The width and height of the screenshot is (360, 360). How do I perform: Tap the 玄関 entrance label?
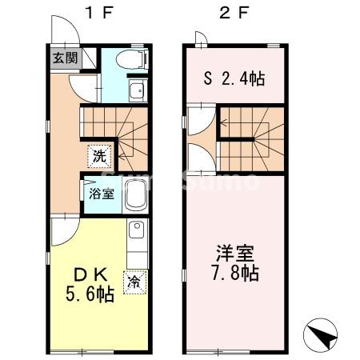(65, 58)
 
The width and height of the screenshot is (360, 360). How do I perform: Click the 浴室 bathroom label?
(101, 194)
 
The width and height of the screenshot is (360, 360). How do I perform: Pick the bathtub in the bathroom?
(136, 194)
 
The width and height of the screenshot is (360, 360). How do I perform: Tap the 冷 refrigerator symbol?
(135, 282)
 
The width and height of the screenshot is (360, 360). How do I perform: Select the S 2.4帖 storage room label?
(234, 79)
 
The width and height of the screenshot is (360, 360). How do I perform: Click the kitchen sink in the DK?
(136, 233)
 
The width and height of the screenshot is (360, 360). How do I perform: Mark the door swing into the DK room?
(62, 233)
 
